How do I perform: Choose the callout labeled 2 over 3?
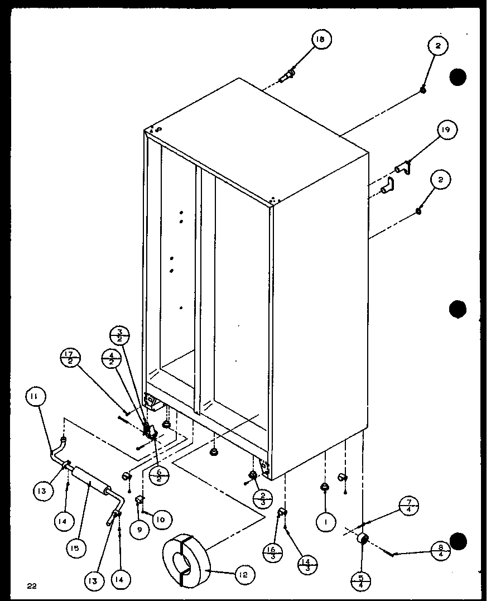(x=262, y=497)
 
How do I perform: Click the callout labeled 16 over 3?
(x=272, y=552)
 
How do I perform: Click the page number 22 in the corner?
(x=31, y=585)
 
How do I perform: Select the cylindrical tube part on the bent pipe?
(x=89, y=480)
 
